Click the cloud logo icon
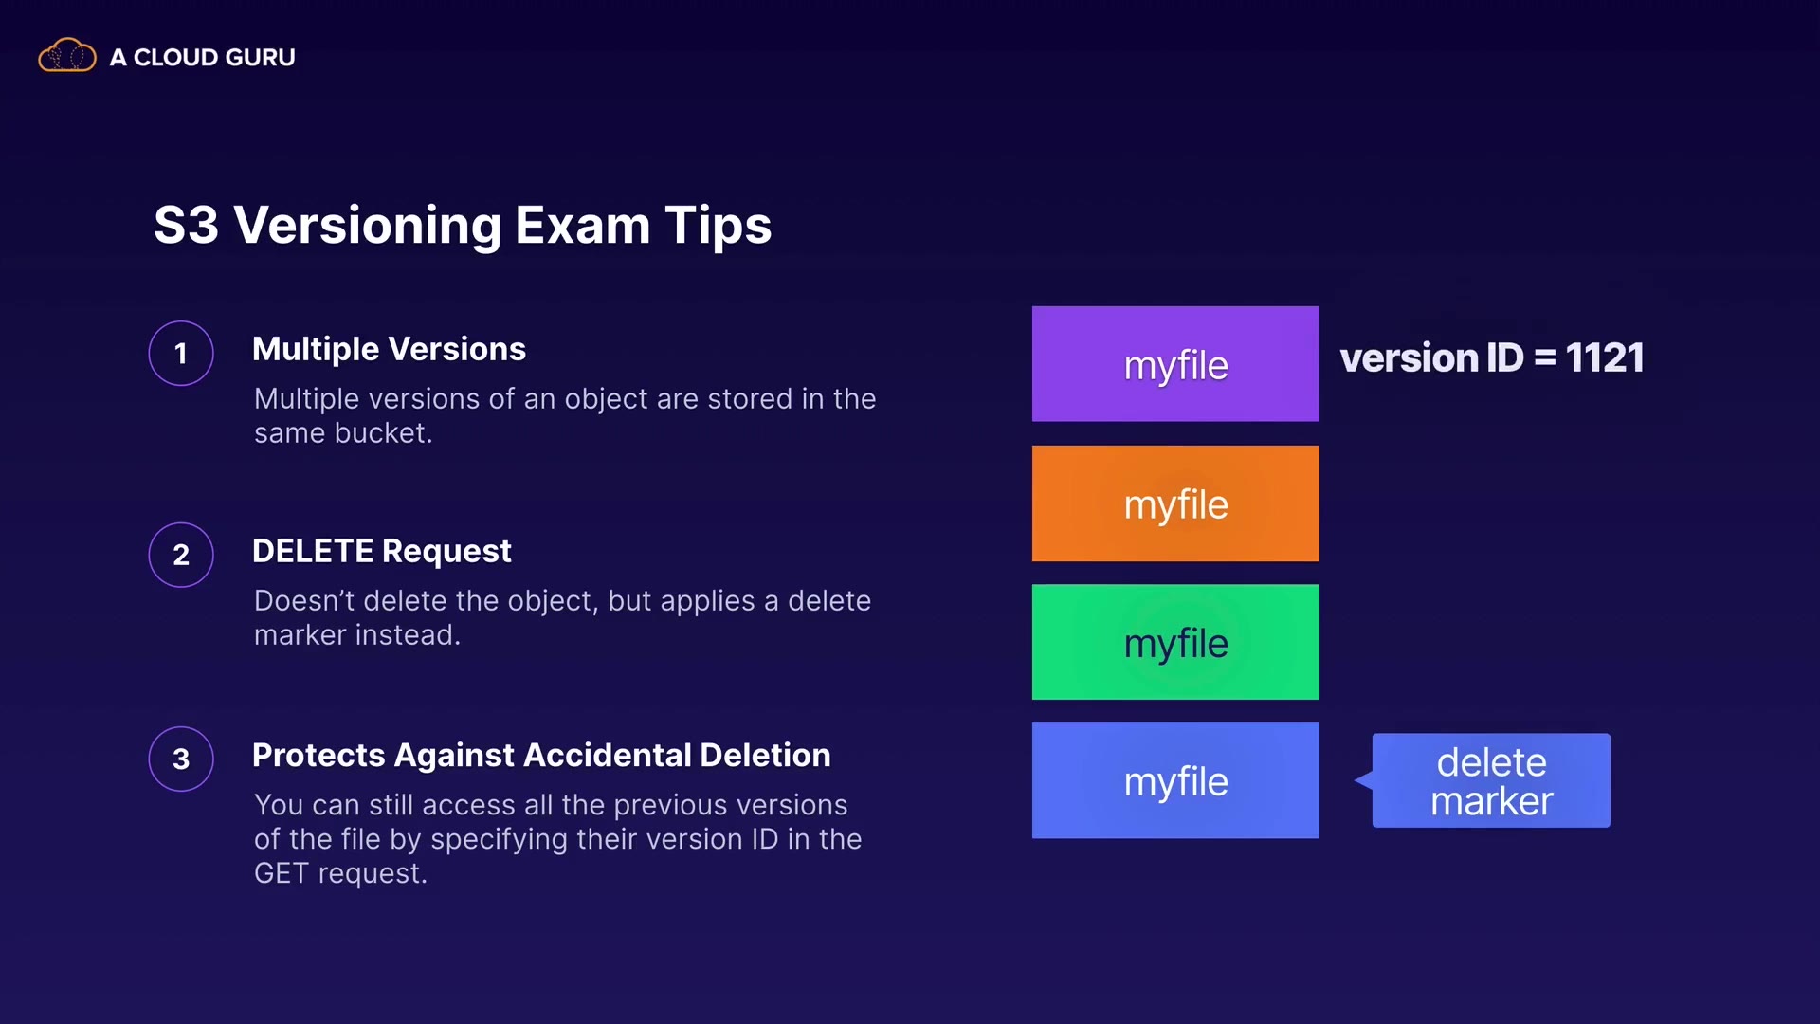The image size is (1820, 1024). click(x=66, y=56)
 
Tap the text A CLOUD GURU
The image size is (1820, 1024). click(x=202, y=58)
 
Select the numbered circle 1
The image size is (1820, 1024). click(x=181, y=354)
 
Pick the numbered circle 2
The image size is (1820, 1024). click(x=181, y=555)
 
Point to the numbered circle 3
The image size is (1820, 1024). click(x=181, y=759)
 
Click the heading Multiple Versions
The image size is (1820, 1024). click(x=389, y=349)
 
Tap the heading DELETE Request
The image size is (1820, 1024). click(x=382, y=551)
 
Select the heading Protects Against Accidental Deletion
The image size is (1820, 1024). click(x=541, y=755)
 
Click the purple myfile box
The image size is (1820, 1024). click(x=1175, y=364)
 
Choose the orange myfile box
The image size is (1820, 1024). click(x=1175, y=503)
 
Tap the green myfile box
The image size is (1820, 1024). click(x=1175, y=642)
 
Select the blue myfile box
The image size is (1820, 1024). click(x=1175, y=780)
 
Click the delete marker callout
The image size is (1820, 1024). click(x=1491, y=780)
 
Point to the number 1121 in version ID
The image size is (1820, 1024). click(x=1605, y=358)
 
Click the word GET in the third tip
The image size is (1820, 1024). click(x=282, y=873)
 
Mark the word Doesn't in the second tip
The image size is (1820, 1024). click(x=304, y=601)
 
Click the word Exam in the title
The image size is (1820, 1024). click(x=583, y=226)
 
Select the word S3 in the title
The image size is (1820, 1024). click(x=187, y=226)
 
